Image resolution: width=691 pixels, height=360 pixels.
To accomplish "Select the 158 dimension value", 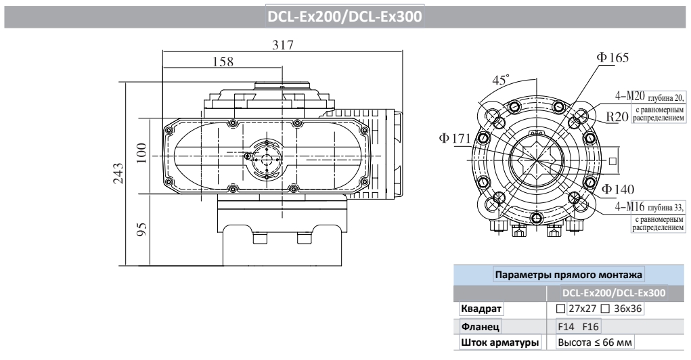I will click(221, 62).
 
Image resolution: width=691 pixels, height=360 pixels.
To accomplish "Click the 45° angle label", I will click(501, 80).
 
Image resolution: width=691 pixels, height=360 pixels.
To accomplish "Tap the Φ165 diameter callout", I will click(612, 58).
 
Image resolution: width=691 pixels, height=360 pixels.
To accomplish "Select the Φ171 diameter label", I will click(454, 139).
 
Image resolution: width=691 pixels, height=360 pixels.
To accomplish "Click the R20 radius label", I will click(617, 116).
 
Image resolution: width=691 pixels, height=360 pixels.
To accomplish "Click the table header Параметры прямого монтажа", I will click(569, 275).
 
